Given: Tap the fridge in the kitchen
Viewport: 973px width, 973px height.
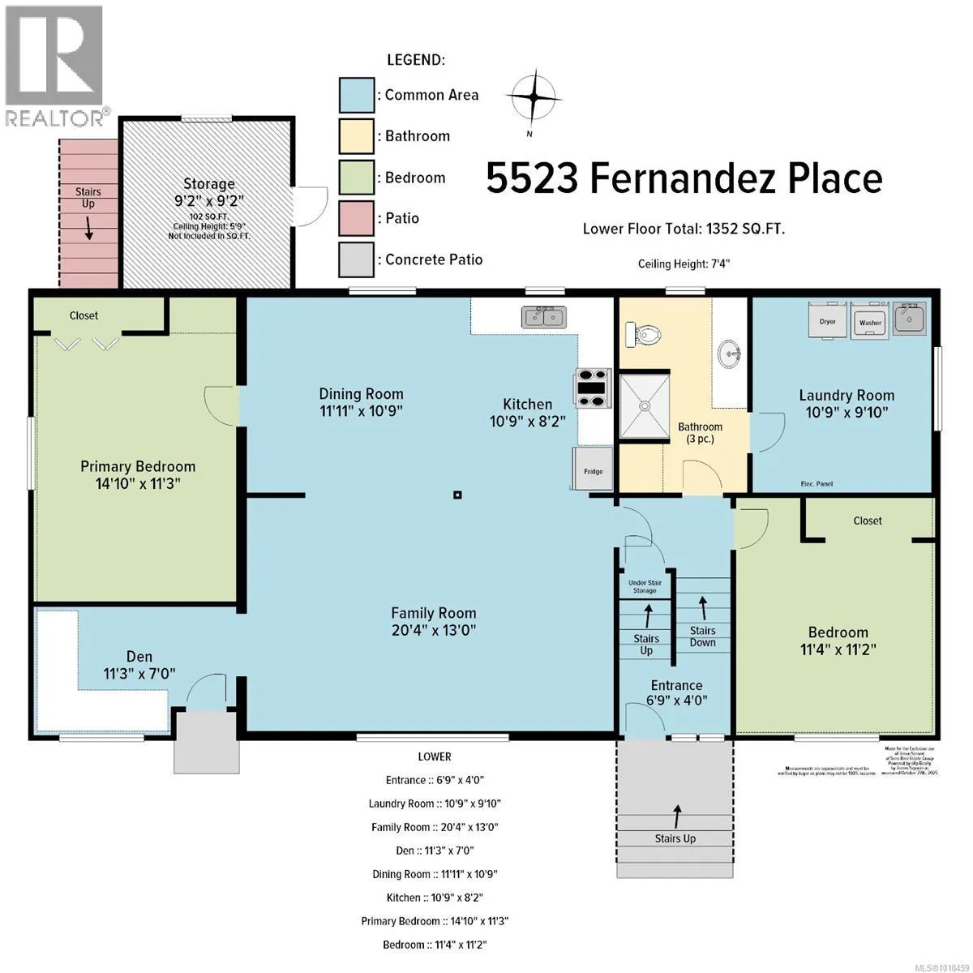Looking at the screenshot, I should coord(593,469).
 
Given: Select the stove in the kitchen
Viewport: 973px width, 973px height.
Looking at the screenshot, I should coord(593,388).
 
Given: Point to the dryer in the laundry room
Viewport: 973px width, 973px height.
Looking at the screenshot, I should coord(827,320).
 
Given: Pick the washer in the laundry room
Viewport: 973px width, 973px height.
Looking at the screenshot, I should coord(870,320).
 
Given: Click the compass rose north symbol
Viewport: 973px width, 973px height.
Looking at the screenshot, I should coord(533,97).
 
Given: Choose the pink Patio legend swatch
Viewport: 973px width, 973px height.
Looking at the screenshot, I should coord(356,218).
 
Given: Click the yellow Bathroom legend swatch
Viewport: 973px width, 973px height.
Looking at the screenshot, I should coord(356,136).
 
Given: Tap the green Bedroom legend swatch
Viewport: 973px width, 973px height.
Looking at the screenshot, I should coord(356,178).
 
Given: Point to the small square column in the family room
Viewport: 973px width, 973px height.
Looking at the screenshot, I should coord(457,495).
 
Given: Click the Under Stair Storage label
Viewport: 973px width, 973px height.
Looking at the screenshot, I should coord(645,586).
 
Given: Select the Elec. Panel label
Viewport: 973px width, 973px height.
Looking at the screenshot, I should coord(816,484).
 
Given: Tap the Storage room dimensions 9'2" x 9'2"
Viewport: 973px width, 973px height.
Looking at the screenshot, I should coord(208,200).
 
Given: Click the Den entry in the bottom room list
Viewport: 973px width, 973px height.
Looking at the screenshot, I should coord(435,851).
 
